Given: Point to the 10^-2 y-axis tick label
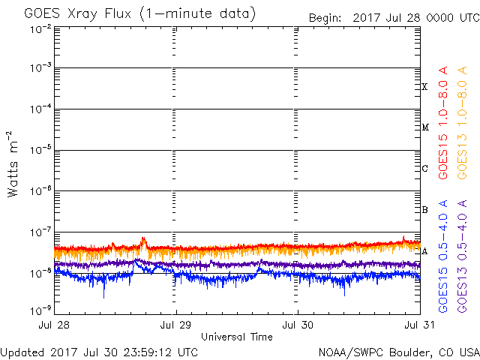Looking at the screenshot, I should click(x=41, y=28).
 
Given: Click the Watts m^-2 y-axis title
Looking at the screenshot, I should click(x=13, y=164).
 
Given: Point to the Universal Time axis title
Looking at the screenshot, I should click(x=237, y=337).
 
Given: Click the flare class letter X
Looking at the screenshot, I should click(x=424, y=87).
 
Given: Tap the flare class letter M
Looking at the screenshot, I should click(x=424, y=127).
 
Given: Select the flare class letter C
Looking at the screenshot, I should click(x=424, y=169).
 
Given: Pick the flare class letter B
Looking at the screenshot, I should click(x=424, y=210).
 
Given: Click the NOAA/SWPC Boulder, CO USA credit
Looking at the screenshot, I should click(x=398, y=351).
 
